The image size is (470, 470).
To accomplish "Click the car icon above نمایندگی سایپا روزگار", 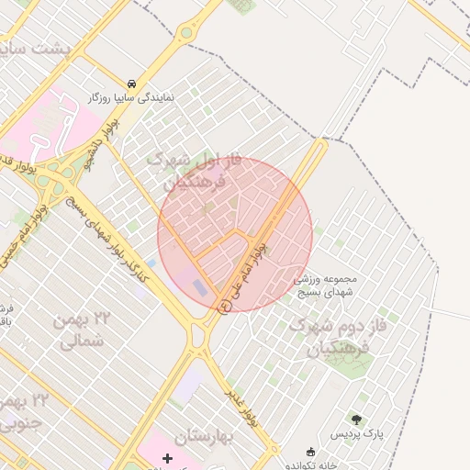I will [134, 82].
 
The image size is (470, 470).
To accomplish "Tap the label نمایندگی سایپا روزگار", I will [133, 95].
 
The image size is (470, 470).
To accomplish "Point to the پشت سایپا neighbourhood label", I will [49, 49].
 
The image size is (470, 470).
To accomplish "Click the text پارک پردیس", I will [355, 432].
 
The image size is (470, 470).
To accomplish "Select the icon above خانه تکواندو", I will [310, 452].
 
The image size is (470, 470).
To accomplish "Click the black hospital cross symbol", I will [166, 457].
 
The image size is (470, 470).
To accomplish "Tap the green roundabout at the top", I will [186, 33].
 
